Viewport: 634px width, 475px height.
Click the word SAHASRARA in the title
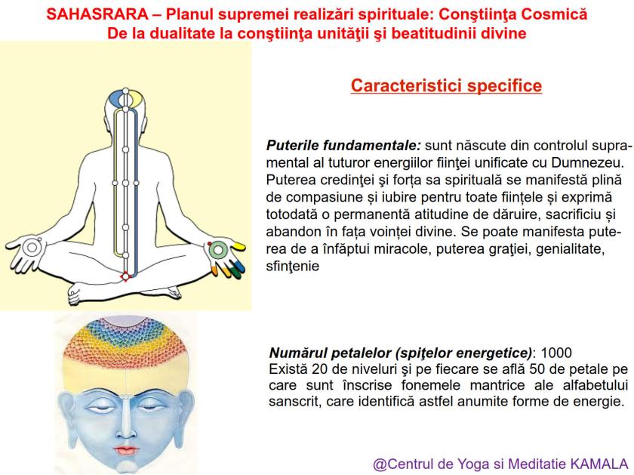90,14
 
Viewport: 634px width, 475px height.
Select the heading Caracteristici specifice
447,85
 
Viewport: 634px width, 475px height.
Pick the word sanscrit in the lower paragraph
297,402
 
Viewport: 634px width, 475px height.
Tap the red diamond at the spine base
125,277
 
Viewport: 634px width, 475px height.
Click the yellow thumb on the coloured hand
237,245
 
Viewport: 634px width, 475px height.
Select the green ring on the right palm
218,247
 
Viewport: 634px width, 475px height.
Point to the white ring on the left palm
30,246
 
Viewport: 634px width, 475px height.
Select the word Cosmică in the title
556,14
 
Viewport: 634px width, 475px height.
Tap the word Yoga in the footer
468,463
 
